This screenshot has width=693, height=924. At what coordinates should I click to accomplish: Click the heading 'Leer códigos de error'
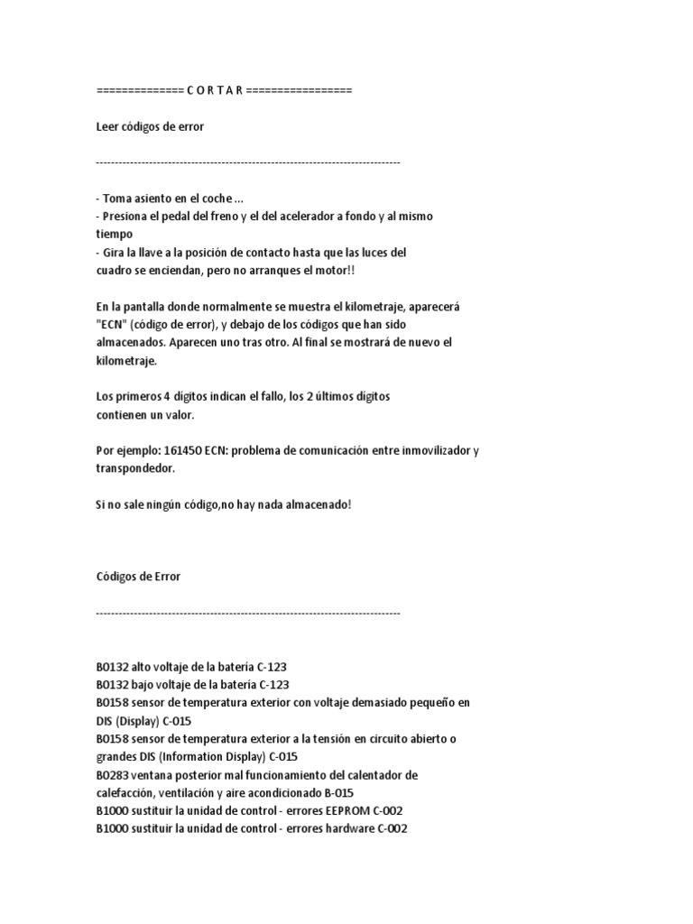pos(150,127)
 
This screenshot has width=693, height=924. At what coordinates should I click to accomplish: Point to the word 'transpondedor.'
pos(134,468)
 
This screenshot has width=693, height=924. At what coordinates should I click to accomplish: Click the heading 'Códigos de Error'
pos(138,577)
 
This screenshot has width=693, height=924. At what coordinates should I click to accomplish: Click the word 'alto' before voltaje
pos(143,667)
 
